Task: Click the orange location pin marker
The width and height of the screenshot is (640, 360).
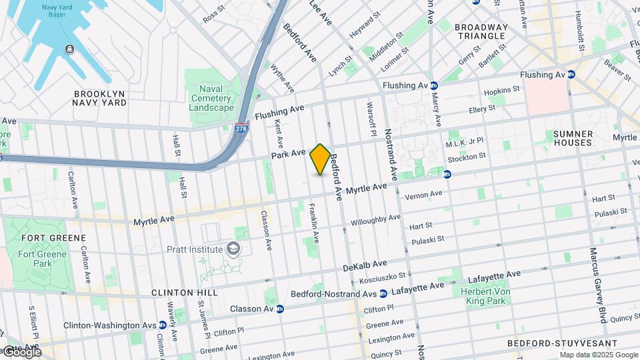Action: pyautogui.click(x=320, y=159)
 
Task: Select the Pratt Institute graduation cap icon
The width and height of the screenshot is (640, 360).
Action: pyautogui.click(x=233, y=249)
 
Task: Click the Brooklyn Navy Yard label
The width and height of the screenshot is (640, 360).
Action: pyautogui.click(x=100, y=99)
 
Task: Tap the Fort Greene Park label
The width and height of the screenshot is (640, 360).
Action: pyautogui.click(x=43, y=259)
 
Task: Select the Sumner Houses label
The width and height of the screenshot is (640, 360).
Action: pyautogui.click(x=573, y=138)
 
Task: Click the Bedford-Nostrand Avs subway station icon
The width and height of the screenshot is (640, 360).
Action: pyautogui.click(x=383, y=293)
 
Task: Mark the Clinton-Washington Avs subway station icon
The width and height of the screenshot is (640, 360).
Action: pyautogui.click(x=162, y=325)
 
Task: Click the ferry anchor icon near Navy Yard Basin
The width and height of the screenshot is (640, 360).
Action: pyautogui.click(x=69, y=49)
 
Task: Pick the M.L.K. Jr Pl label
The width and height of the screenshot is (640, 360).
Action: pyautogui.click(x=465, y=143)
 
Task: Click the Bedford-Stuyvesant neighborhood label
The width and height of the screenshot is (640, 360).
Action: pyautogui.click(x=549, y=343)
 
